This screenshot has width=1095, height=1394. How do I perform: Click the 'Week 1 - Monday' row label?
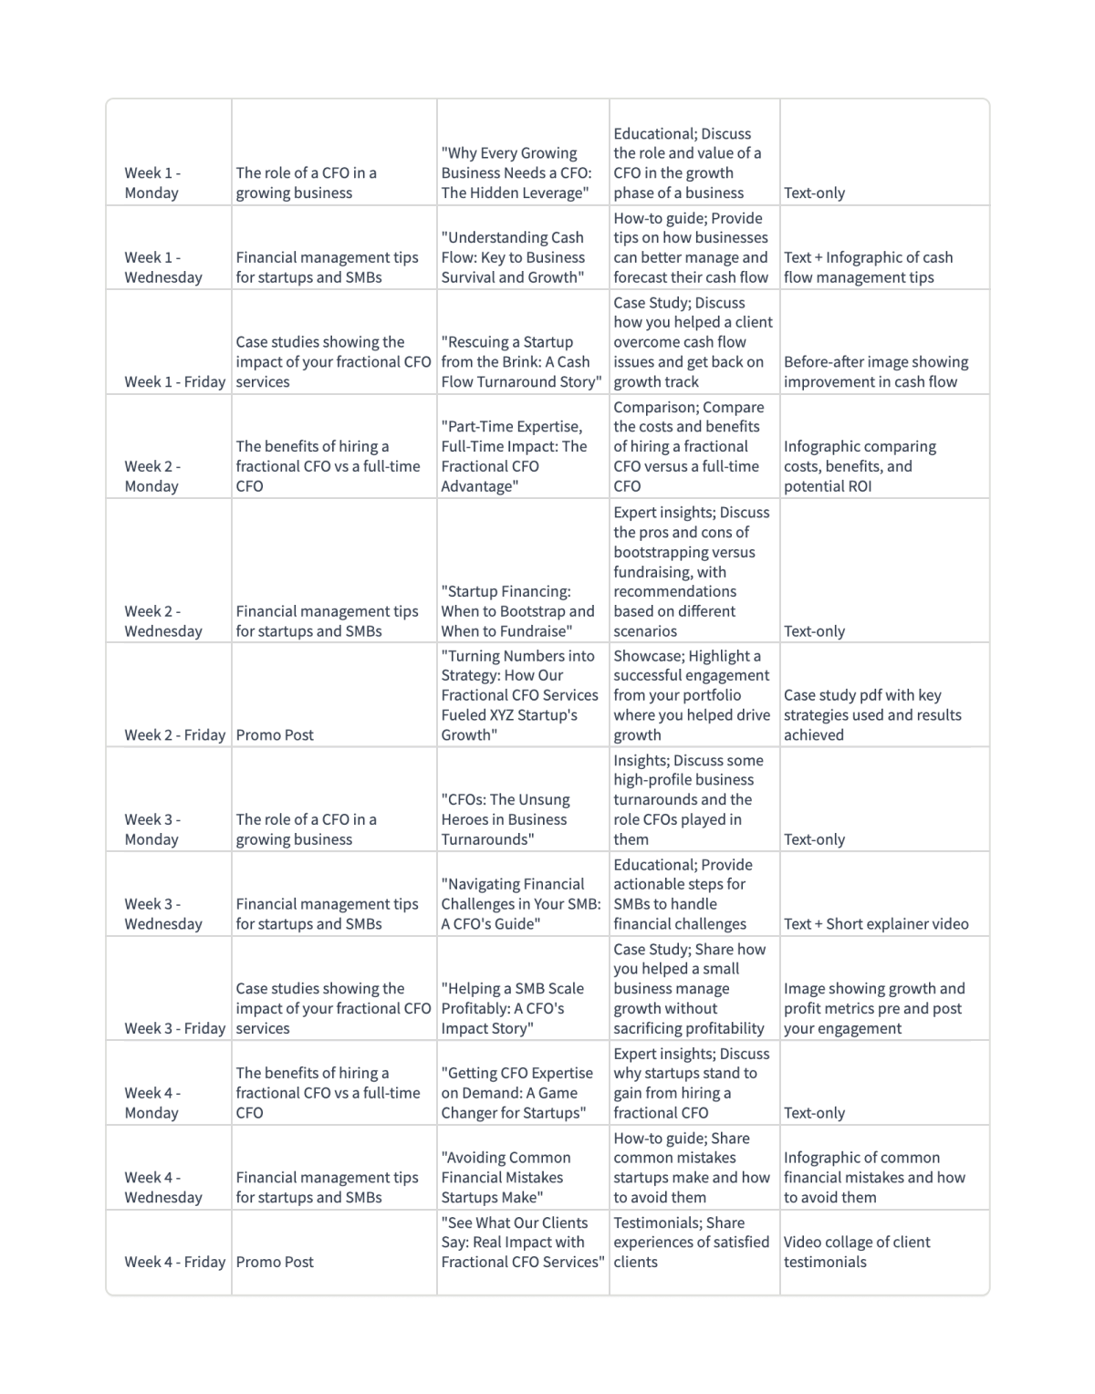[x=152, y=182]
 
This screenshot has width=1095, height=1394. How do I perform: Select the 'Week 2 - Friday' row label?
[x=174, y=734]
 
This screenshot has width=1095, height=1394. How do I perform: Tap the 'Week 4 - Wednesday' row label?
[x=163, y=1187]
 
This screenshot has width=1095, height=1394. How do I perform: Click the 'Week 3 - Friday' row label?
[x=174, y=1028]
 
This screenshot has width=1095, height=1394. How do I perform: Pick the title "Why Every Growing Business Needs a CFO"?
[x=516, y=172]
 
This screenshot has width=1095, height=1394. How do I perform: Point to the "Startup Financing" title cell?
[x=517, y=611]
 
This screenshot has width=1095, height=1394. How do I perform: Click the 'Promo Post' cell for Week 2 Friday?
[x=275, y=734]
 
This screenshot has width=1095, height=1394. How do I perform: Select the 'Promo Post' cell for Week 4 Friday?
[x=275, y=1262]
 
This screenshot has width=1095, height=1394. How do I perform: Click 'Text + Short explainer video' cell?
[x=876, y=923]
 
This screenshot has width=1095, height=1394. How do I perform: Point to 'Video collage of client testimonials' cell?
[x=857, y=1252]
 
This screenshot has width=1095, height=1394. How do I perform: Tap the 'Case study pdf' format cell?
[x=872, y=714]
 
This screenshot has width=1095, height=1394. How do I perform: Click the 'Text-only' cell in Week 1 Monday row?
[x=814, y=192]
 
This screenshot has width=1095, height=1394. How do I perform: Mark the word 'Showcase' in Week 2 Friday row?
[x=645, y=656]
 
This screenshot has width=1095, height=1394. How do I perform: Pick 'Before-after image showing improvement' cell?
[x=876, y=371]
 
